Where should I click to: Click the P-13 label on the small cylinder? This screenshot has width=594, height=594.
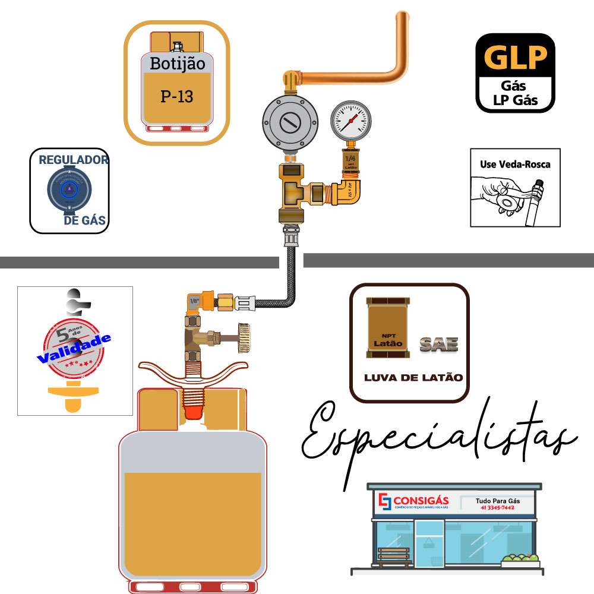177,96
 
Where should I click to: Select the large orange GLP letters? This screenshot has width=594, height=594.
515,58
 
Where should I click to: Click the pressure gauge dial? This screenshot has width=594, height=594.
350,118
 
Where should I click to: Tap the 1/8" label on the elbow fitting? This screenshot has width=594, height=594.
194,301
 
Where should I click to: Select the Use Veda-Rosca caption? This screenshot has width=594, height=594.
515,165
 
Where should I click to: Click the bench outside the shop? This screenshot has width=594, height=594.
395,555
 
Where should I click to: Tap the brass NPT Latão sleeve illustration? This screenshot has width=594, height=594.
387,328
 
